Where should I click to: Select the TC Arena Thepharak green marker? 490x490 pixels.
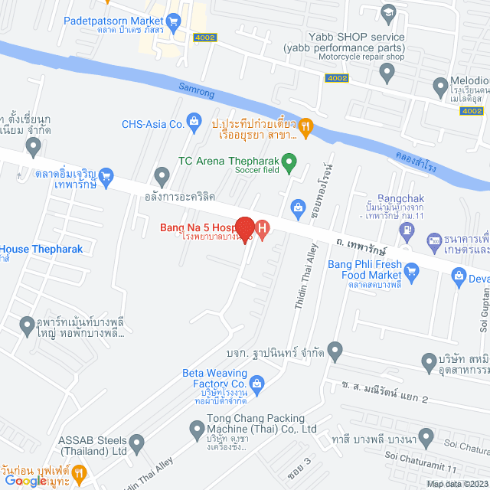(x=289, y=161)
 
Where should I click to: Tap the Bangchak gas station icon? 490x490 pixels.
(x=433, y=240)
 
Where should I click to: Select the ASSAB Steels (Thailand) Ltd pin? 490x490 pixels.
(x=136, y=442)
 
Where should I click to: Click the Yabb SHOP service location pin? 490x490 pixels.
(x=387, y=73)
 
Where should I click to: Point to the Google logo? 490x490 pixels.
(x=24, y=480)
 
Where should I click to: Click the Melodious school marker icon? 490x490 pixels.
(x=439, y=85)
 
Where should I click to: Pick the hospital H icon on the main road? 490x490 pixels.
(x=262, y=228)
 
